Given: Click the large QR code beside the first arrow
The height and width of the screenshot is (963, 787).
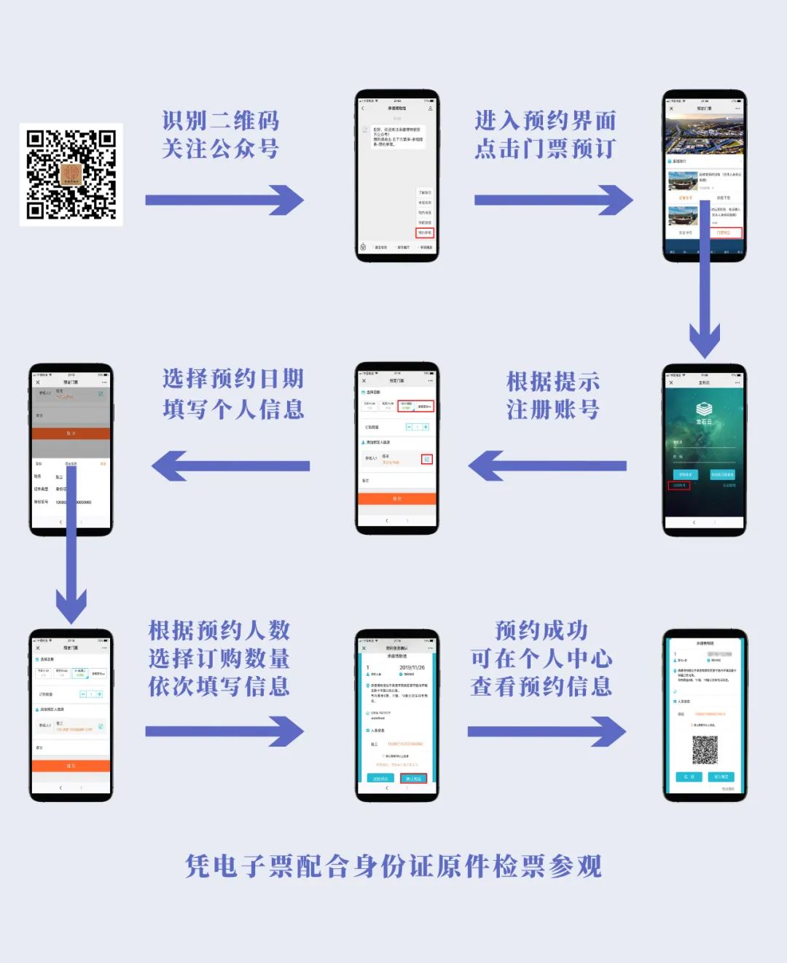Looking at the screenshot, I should (71, 175).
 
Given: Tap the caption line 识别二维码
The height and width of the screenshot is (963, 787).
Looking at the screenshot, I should (220, 121).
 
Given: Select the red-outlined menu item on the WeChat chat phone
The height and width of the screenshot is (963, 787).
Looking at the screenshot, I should (424, 233).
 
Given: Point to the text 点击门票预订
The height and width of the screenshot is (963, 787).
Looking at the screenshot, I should (545, 149).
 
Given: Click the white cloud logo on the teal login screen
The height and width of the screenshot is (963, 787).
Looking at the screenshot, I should (704, 409).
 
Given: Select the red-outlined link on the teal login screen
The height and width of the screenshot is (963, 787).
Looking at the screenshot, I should (678, 485).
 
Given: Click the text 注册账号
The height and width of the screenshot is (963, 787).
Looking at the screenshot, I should (553, 409).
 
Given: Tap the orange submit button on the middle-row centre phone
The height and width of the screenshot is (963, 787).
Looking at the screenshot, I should (396, 499).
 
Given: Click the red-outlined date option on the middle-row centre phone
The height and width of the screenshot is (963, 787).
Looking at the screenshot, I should (415, 406).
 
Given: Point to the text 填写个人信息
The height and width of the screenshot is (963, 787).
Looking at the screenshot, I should (233, 409).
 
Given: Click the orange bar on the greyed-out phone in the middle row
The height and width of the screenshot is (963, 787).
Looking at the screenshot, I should (71, 433).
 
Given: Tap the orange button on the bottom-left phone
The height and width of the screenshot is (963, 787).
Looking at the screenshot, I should (71, 766).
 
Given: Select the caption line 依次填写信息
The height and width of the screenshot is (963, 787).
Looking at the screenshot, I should (219, 686).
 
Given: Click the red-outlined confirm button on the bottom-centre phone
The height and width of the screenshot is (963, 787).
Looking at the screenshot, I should (413, 778).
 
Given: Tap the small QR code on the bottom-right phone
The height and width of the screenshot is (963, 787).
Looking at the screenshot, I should (705, 750).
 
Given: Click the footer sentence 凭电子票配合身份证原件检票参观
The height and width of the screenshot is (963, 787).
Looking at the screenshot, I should (393, 867).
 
